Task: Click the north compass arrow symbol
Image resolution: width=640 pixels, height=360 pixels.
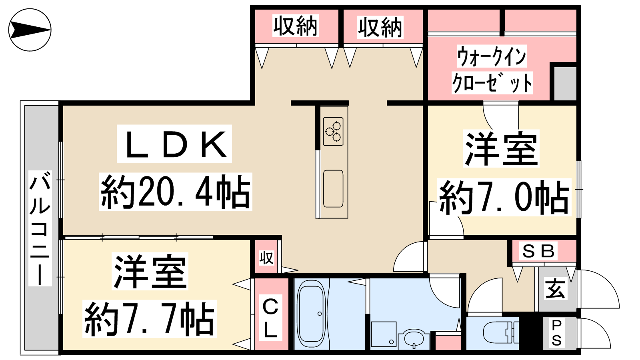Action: point(30,30)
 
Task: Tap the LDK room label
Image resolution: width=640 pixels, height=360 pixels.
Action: point(174,144)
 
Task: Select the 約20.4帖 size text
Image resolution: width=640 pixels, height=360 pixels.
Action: point(176,192)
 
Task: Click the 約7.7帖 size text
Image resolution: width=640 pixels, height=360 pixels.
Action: point(150,319)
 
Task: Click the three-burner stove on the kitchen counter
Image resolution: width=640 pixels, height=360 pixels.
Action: point(333,132)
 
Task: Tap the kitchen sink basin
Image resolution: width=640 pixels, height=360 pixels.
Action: point(333,188)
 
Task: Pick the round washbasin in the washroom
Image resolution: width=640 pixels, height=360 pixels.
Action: point(414,339)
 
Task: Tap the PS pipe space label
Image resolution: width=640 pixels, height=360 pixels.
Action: point(556,333)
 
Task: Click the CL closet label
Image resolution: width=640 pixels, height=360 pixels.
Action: point(270,318)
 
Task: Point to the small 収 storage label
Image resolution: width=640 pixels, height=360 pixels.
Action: point(266,258)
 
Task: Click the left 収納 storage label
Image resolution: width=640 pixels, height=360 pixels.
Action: point(296,26)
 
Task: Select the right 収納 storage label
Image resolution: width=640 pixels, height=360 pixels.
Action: point(380,27)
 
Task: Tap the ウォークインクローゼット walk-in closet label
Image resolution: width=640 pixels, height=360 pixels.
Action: point(492,70)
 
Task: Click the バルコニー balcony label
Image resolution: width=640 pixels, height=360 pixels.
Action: point(40,228)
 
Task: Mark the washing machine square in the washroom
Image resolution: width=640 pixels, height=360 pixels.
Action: point(384,334)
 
